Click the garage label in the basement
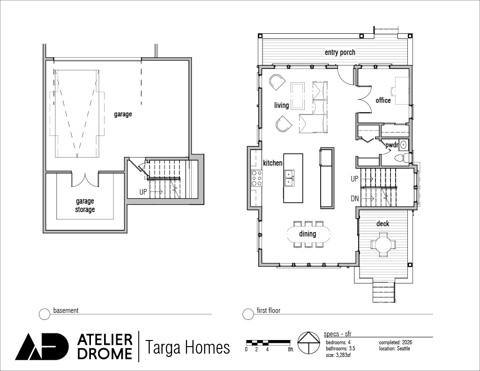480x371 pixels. pos(123,114)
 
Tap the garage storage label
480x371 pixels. pos(85,205)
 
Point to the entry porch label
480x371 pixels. pos(340,53)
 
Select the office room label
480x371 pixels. pos(383,100)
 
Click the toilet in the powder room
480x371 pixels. pos(402,158)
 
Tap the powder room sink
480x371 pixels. pos(404,144)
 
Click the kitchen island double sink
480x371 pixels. pos(289,178)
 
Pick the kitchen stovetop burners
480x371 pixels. pos(256,178)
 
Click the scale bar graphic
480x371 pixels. pos(269,341)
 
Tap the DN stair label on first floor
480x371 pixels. pos(354,199)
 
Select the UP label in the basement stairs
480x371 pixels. pos(143,192)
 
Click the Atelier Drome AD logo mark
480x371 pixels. pos(42,346)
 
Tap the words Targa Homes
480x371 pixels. pos(187,348)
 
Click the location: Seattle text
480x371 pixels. pos(394,348)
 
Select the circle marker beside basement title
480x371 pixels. pos(45,314)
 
